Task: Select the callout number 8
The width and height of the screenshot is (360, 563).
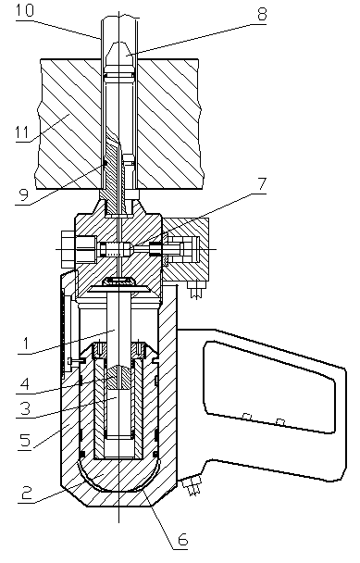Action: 261,15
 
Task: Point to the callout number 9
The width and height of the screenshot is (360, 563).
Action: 23,195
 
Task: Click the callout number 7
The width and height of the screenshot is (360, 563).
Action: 262,185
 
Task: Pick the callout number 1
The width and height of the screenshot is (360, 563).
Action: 26,344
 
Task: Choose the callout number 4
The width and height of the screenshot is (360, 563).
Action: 24,384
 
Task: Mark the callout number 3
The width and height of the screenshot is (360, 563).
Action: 25,408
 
